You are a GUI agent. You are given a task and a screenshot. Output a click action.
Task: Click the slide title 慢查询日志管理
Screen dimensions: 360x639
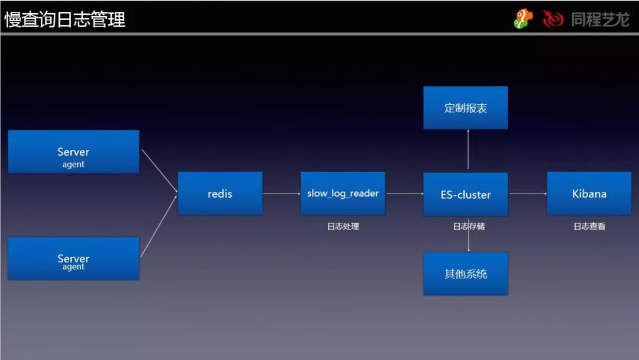pos(65,20)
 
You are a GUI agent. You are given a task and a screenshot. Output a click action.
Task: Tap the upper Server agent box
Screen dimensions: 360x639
pos(73,152)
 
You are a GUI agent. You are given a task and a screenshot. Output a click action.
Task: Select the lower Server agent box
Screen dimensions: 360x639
pos(73,258)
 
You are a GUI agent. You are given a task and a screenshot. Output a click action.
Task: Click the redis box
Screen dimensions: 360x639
pos(220,194)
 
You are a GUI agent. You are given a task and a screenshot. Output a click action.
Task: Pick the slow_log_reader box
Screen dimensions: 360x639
pos(343,194)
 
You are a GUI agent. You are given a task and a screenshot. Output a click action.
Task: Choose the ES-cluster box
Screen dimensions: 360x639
pos(466,194)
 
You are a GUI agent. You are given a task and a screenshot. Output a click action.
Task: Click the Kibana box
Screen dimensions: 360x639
pos(589,194)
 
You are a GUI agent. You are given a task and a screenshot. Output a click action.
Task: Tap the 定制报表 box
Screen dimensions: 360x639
pos(466,108)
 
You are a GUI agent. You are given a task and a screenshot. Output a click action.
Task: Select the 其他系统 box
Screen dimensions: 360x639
pos(466,274)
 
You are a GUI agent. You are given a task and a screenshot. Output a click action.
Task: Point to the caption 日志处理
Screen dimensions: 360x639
pos(343,226)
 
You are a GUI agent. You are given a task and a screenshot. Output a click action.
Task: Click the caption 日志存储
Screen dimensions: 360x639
pos(469,226)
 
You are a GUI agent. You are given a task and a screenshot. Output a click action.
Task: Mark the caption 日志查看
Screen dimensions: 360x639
pos(589,226)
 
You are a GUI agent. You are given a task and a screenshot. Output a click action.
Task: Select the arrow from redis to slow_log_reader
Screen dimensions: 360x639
pos(282,194)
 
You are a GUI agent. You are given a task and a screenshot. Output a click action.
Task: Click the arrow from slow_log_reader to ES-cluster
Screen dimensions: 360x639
pos(404,194)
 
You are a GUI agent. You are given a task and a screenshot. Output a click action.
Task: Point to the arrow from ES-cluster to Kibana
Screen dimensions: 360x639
pos(527,194)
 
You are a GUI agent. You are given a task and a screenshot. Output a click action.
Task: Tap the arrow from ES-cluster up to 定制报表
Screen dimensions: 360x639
pos(468,150)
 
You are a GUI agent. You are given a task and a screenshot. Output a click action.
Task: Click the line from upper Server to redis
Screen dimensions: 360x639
pos(159,171)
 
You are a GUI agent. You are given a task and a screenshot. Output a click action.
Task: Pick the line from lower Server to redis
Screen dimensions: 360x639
pos(159,226)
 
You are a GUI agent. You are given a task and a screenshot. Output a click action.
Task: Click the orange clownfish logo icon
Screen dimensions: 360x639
pos(522,18)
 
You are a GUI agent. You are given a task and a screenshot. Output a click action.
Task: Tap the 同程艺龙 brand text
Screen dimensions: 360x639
pos(599,20)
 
